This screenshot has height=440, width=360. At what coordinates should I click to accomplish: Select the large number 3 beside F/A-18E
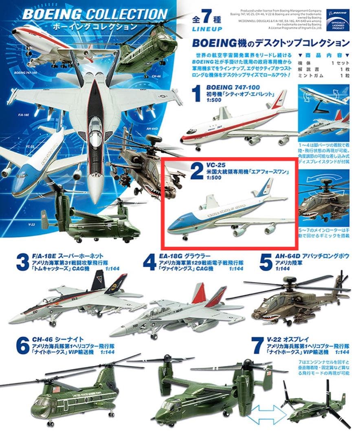coord(22,262)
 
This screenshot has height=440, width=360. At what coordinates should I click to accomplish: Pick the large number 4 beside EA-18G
coord(149,262)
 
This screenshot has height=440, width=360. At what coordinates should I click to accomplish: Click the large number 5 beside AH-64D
coord(266,262)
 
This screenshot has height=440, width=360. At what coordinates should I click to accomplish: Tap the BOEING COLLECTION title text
coord(94,14)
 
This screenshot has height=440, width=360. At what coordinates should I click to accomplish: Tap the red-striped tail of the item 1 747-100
coord(280,99)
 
